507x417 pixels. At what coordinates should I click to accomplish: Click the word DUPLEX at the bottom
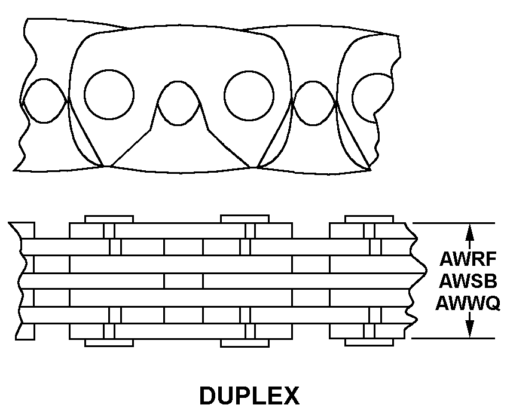tap(249, 395)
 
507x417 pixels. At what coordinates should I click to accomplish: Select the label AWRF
tap(468, 259)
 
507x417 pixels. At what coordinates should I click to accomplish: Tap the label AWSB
tap(468, 281)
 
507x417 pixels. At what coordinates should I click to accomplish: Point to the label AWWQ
tap(468, 303)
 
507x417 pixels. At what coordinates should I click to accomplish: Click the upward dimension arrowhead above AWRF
tap(470, 232)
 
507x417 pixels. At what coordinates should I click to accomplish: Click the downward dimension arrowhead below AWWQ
tap(470, 329)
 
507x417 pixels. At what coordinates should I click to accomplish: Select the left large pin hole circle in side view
tap(109, 94)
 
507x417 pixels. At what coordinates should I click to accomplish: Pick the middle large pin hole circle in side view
tap(249, 96)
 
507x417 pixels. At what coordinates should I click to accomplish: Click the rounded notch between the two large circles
tap(178, 103)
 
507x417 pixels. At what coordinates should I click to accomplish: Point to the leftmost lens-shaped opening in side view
tap(44, 100)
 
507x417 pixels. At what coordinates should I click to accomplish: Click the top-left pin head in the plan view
tap(109, 219)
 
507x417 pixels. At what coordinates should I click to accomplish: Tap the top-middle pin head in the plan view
tap(245, 219)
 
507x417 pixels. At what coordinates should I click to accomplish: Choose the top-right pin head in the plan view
tap(369, 219)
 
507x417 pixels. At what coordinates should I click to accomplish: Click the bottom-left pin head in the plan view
tap(109, 343)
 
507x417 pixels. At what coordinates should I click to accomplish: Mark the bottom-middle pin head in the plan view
tap(245, 343)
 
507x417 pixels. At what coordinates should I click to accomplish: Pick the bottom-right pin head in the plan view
tap(369, 342)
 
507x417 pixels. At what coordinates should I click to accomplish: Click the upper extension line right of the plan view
tap(454, 223)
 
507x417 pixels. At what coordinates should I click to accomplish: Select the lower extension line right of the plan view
tap(453, 338)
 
